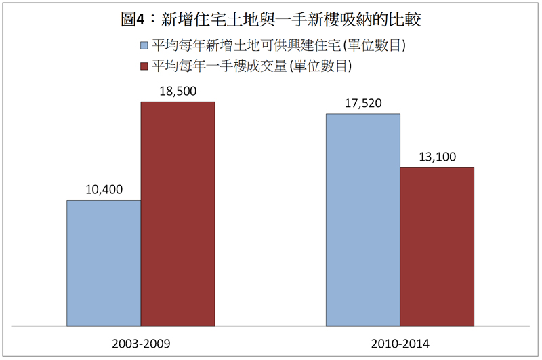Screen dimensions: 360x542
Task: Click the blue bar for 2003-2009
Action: point(104,263)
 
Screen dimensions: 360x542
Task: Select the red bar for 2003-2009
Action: point(178,214)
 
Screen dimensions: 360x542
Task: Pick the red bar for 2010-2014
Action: point(437,246)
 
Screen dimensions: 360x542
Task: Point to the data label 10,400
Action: point(104,189)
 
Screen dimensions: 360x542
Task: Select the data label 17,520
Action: point(363,103)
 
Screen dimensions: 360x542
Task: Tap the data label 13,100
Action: point(437,157)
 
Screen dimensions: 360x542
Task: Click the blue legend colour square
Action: point(144,45)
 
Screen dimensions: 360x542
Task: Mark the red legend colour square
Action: point(144,66)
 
